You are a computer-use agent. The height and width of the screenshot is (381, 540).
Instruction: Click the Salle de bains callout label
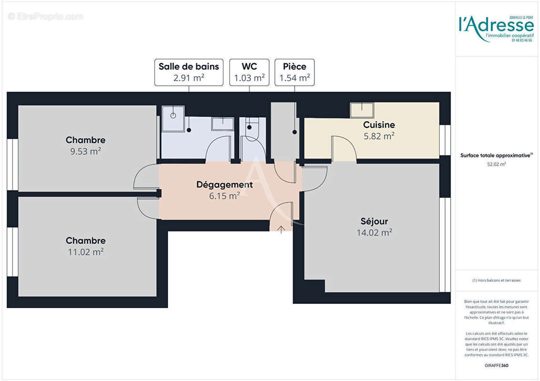(x=189, y=72)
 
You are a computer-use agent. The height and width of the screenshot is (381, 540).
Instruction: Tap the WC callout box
(x=249, y=72)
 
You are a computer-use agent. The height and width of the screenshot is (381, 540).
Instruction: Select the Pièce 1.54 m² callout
(x=294, y=72)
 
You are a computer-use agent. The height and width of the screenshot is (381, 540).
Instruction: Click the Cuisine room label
(x=379, y=125)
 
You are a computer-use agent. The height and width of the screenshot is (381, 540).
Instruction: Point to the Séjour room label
(x=374, y=221)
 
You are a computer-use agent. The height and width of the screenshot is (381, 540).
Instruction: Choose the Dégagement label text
(x=224, y=184)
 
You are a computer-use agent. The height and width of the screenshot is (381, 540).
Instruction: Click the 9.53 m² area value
(x=85, y=151)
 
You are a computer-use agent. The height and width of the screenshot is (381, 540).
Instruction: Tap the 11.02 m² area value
(x=85, y=252)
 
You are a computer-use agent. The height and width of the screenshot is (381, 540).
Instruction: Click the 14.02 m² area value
(x=374, y=232)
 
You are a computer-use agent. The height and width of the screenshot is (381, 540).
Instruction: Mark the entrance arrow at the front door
(x=281, y=230)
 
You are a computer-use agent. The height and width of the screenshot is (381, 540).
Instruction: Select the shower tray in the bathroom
(x=173, y=118)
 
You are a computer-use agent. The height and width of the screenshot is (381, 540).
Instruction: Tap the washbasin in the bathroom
(x=222, y=123)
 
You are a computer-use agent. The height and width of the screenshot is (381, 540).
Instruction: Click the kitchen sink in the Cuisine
(x=362, y=110)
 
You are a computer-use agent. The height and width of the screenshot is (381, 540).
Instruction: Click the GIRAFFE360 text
(x=497, y=364)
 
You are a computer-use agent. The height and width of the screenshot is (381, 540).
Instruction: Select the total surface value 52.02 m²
(x=497, y=164)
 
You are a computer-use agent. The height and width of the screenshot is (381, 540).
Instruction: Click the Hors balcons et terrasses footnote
(x=497, y=281)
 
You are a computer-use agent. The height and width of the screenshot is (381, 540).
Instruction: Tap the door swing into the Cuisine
(x=343, y=149)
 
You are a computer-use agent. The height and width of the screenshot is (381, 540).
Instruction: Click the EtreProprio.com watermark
(x=46, y=17)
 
